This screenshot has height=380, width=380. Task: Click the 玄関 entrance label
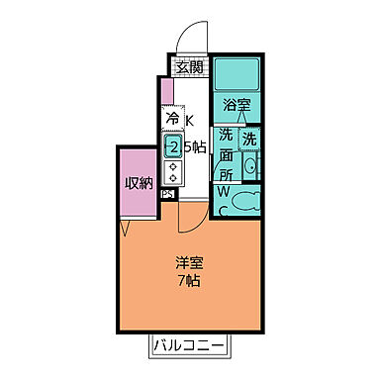point(189,67)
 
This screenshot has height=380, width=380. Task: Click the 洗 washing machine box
point(249,138)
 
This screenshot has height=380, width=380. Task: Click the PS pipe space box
point(167,194)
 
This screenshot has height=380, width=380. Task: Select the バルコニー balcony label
point(190,347)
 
